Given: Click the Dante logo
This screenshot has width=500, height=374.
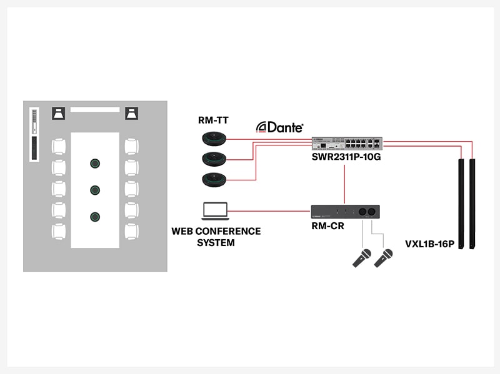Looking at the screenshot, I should pos(280,127).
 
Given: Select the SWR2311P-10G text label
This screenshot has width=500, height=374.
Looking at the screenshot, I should pos(346,157).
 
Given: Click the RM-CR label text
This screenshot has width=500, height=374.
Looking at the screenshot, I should pos(327,226).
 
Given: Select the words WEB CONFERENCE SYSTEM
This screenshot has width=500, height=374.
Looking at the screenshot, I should pos(216,237).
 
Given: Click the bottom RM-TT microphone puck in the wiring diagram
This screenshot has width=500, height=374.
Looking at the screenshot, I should pos(212,180).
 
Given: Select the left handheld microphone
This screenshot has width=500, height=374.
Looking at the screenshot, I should pos(362,258).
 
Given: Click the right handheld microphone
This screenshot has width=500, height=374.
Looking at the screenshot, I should pos(383,258).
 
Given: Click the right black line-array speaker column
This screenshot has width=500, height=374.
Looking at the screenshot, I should pos(473,203).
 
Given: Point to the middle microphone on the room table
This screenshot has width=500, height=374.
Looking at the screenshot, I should pos(95,190).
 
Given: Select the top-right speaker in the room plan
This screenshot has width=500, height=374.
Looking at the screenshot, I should pos(131,113).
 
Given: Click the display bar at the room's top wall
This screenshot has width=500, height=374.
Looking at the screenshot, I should pos(94,109).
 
